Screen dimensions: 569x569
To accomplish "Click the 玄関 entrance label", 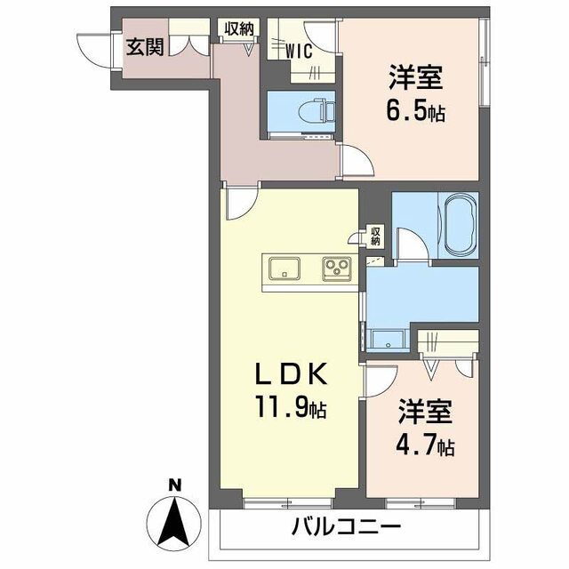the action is coord(145,47).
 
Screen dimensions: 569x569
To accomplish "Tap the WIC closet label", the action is coord(299,52).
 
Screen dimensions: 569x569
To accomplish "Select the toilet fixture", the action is coord(318,111).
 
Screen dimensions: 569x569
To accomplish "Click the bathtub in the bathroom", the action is coord(461,225).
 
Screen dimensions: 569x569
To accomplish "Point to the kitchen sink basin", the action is coord(284,268).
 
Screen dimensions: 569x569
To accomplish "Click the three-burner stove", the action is coord(337,268).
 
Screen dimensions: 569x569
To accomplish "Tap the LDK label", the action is coord(292,373).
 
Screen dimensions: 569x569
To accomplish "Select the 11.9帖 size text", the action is coord(292,407).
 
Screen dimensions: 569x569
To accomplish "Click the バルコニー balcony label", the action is coord(347,526).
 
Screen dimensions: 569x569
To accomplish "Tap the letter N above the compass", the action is coord(175,485).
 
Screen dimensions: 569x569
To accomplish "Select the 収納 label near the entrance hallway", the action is coord(239,28).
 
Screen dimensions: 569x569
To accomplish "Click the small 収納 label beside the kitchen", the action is coord(375,236).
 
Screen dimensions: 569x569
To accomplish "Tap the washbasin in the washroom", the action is coord(388,340).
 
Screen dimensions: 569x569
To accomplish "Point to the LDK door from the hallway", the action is coord(241,203).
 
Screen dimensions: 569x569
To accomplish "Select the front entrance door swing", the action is coord(95,50).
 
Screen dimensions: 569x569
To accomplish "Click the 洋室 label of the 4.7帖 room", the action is coord(425,412).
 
